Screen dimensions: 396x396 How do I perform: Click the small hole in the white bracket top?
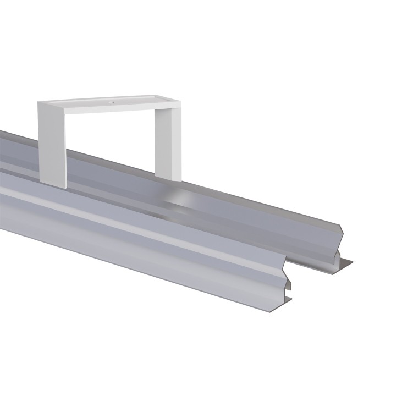[x=110, y=102]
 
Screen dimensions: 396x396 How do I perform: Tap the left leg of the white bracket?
[x=51, y=143]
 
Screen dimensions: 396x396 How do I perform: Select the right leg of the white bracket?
[x=167, y=140]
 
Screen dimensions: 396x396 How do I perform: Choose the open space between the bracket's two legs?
[x=110, y=137]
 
